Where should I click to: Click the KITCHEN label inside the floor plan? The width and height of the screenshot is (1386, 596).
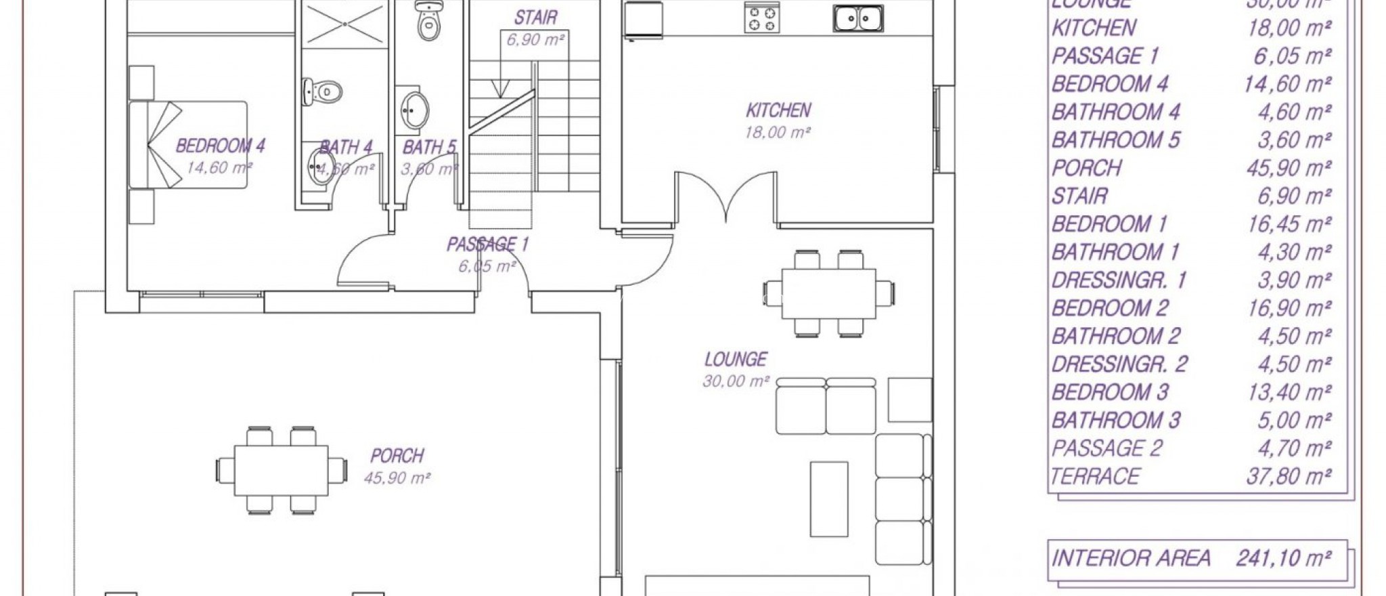(x=778, y=110)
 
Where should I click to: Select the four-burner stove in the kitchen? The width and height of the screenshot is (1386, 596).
(x=760, y=18)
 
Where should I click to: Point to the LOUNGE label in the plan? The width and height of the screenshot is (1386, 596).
(x=736, y=360)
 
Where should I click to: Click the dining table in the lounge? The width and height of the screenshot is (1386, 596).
(x=828, y=293)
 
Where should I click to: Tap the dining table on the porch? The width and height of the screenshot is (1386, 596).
(x=282, y=470)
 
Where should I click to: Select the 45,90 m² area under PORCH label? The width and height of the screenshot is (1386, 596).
(x=397, y=478)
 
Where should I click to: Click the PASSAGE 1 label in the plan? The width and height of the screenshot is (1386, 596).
(x=487, y=244)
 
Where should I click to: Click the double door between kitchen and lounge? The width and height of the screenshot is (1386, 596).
(x=725, y=196)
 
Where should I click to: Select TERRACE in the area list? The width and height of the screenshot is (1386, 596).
(x=1096, y=477)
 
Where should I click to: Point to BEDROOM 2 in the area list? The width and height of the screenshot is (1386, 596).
(x=1110, y=308)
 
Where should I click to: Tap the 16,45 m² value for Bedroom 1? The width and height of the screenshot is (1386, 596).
(x=1289, y=224)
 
